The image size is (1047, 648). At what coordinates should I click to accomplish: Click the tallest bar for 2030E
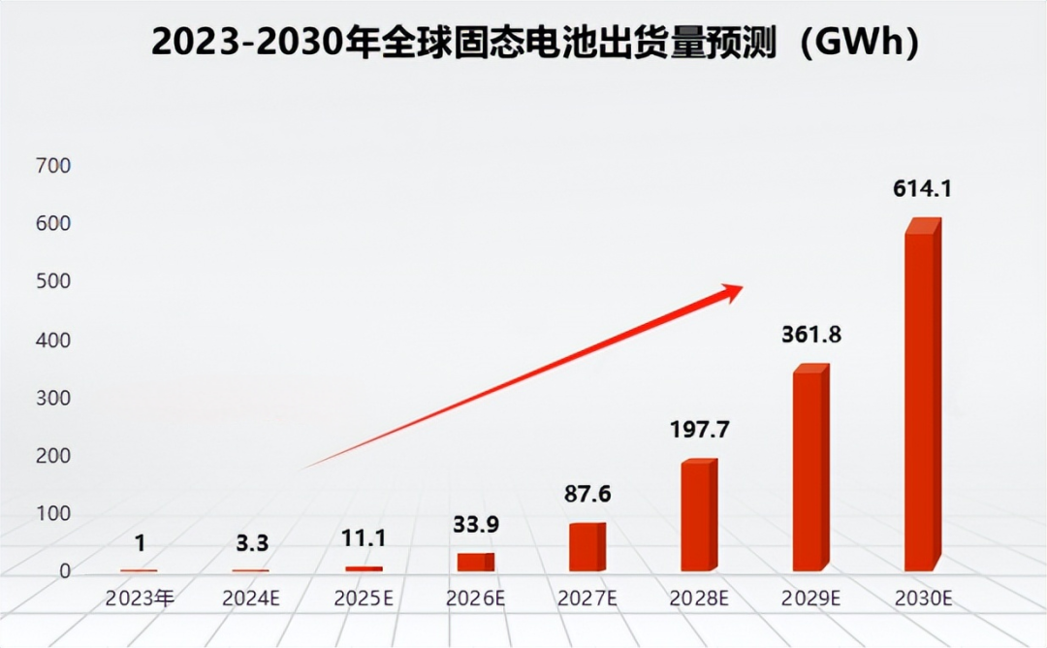921,398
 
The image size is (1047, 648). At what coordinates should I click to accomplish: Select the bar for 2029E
809,470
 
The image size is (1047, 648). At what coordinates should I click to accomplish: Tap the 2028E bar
698,517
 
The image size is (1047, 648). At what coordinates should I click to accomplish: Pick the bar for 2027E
587,548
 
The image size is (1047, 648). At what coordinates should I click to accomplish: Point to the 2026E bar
475,562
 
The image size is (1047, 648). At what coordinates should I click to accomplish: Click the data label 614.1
922,189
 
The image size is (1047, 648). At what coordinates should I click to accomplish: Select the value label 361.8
811,336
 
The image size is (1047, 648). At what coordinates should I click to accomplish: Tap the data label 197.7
700,430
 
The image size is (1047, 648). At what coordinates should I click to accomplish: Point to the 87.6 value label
587,494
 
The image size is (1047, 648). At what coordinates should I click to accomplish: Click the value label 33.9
476,525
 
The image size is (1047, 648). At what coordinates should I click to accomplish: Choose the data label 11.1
365,537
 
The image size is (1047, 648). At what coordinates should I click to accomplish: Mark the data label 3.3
251,542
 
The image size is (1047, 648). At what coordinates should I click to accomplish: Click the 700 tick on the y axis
54,166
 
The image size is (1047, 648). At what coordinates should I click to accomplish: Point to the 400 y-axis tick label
54,340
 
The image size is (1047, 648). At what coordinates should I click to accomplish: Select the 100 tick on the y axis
54,514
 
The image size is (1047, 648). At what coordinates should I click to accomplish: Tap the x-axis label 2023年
140,599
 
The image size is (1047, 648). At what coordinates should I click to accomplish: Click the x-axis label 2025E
364,599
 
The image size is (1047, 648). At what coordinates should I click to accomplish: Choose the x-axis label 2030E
922,599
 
